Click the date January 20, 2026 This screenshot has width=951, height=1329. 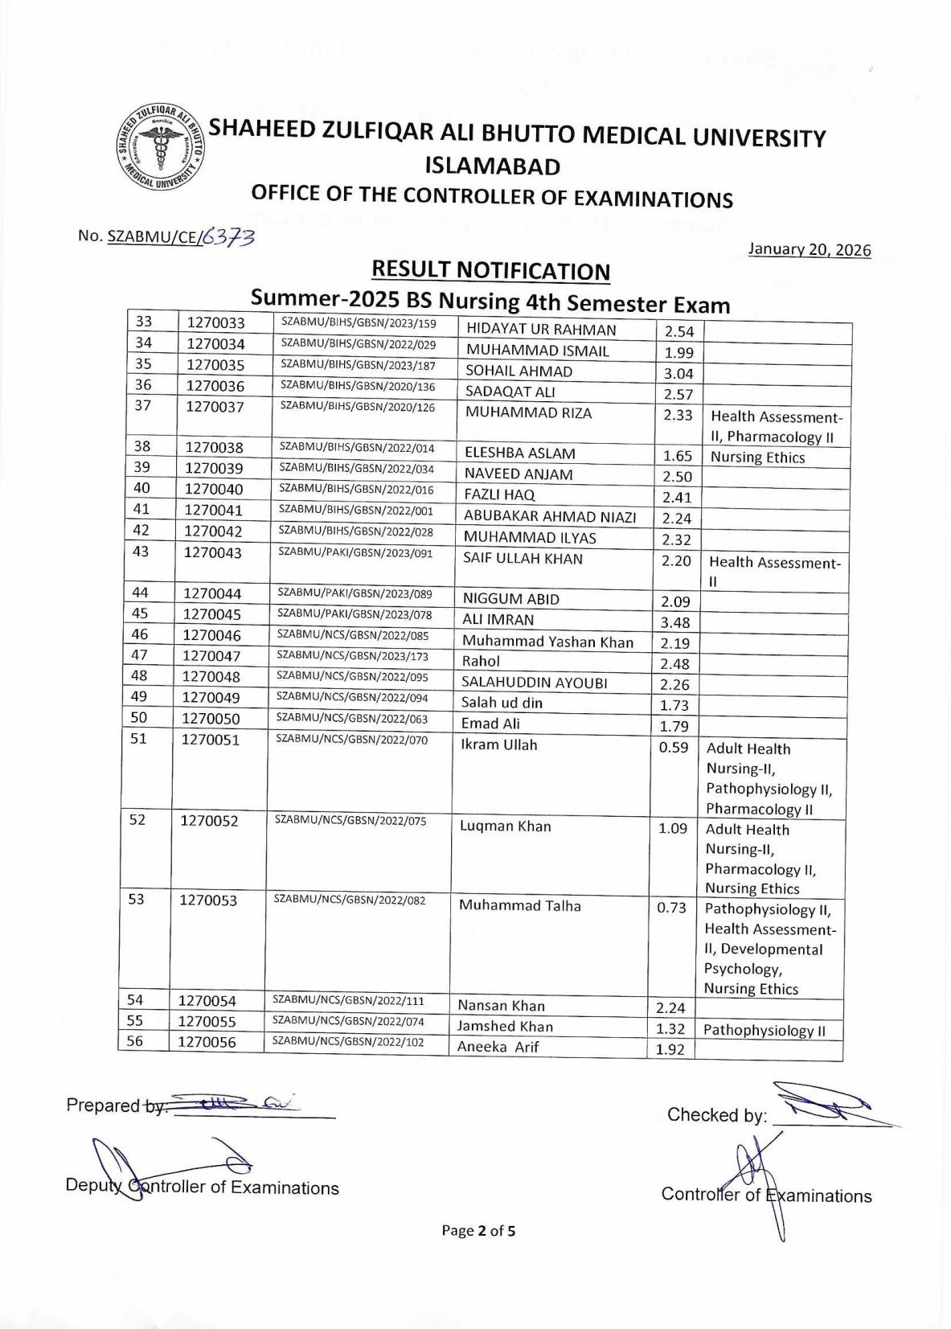pyautogui.click(x=809, y=250)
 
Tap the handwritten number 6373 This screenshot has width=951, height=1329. pyautogui.click(x=228, y=236)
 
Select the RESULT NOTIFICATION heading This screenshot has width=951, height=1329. pyautogui.click(x=490, y=271)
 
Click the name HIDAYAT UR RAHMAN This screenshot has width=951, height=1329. pyautogui.click(x=541, y=330)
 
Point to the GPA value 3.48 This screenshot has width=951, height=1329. pyautogui.click(x=675, y=622)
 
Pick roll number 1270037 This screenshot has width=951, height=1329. pyautogui.click(x=215, y=407)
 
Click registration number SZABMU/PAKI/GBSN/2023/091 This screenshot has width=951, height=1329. pyautogui.click(x=355, y=552)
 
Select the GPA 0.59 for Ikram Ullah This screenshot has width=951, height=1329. pyautogui.click(x=674, y=748)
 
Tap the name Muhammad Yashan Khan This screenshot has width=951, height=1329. pyautogui.click(x=547, y=642)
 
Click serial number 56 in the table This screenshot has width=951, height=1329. pyautogui.click(x=135, y=1041)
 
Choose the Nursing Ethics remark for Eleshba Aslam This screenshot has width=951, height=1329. pyautogui.click(x=757, y=457)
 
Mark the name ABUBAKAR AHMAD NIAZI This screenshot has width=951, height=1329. pyautogui.click(x=550, y=517)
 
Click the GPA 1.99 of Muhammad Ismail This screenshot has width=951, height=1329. pyautogui.click(x=678, y=352)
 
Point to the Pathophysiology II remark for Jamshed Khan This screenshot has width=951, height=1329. pyautogui.click(x=764, y=1031)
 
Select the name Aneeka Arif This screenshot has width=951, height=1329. pyautogui.click(x=498, y=1047)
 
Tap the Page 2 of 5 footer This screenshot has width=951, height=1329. pyautogui.click(x=478, y=1230)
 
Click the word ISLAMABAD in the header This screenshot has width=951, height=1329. pyautogui.click(x=492, y=166)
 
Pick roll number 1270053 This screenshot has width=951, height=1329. pyautogui.click(x=208, y=900)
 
